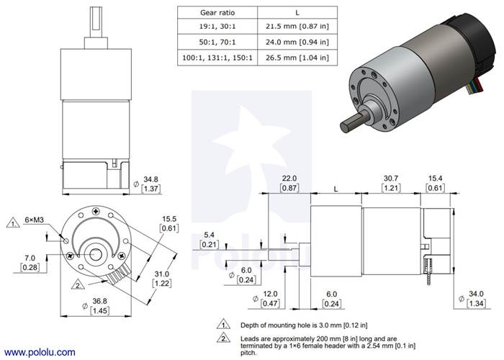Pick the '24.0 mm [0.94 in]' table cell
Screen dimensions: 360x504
(x=277, y=42)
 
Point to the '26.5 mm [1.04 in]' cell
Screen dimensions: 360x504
(x=277, y=56)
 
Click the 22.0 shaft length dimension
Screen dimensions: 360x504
(x=289, y=178)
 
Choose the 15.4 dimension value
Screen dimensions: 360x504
(x=435, y=178)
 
